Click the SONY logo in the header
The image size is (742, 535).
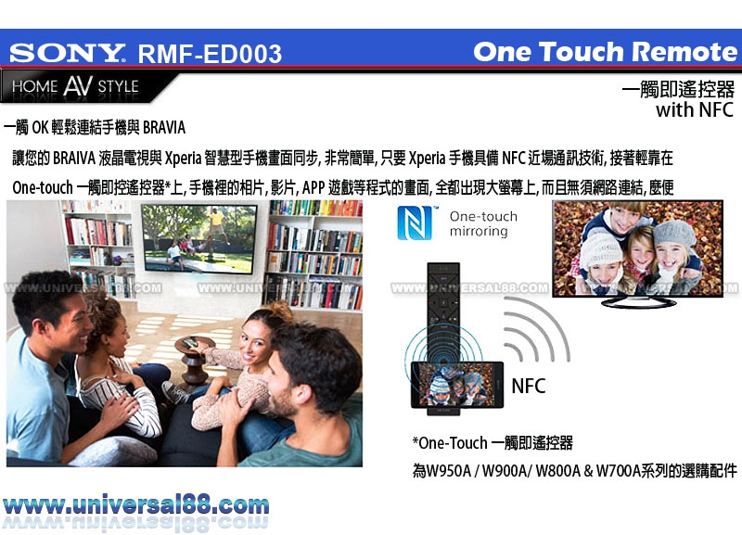67,53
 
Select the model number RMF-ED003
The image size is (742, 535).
210,54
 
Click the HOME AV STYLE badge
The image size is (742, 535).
76,86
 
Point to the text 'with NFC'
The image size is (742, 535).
694,109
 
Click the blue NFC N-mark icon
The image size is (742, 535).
415,223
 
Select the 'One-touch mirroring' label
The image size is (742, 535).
483,223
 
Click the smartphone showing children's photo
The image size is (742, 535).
457,385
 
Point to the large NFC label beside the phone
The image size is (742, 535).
529,387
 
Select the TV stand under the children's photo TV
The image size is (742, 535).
638,302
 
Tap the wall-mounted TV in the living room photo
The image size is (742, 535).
199,238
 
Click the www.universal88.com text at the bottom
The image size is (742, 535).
135,505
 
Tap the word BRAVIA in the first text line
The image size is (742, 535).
164,128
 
